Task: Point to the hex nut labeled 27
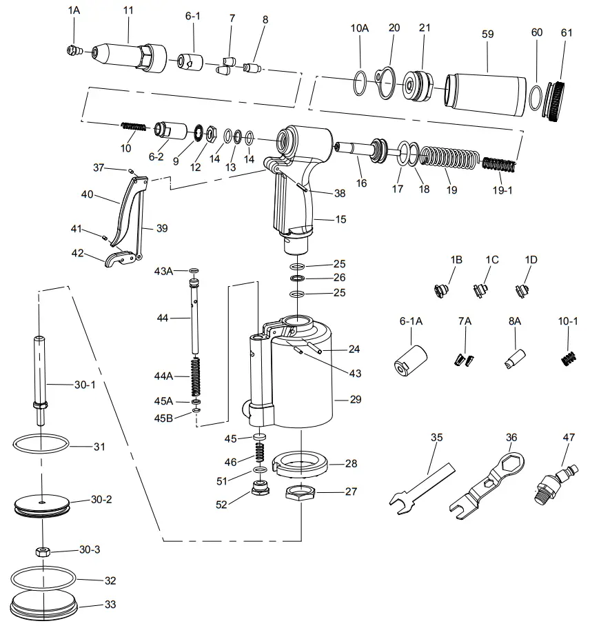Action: pyautogui.click(x=300, y=494)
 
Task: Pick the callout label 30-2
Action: pyautogui.click(x=101, y=499)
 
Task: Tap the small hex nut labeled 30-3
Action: pyautogui.click(x=43, y=551)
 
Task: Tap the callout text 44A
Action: pyautogui.click(x=163, y=376)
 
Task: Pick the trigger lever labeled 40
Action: pyautogui.click(x=126, y=207)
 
